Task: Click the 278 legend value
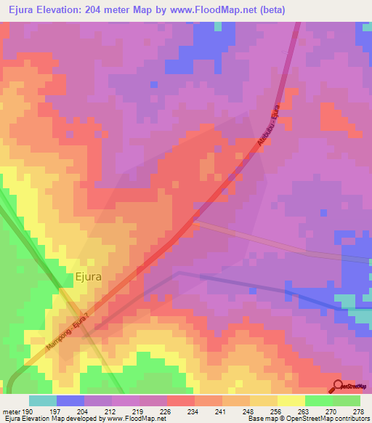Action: (358, 411)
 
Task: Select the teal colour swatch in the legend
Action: (43, 400)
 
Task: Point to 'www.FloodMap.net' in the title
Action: (217, 10)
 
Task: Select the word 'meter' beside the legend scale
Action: (11, 411)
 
